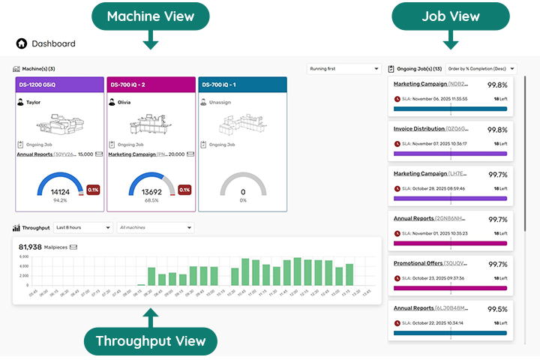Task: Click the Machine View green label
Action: coord(150,16)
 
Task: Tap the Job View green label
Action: coord(451,16)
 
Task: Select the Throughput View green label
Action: coord(150,341)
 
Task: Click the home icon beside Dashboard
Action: coord(21,43)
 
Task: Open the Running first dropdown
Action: coord(344,69)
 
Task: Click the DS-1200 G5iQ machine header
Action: coord(59,85)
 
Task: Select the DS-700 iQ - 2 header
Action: coord(151,85)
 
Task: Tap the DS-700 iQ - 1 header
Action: coord(242,85)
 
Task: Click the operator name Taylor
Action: coord(34,102)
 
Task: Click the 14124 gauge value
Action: coord(60,192)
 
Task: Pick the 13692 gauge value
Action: coord(151,192)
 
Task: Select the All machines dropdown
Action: coord(156,227)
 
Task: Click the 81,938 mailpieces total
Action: coord(30,247)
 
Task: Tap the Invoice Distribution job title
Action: coord(420,129)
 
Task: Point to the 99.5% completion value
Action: coord(497,309)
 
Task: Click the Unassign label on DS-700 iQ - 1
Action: coord(220,102)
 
